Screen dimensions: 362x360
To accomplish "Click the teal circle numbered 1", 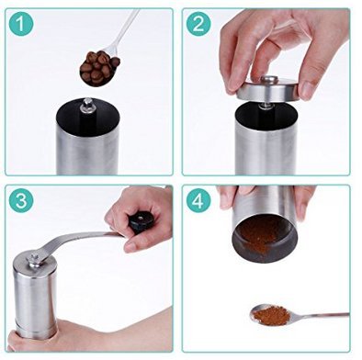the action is click(x=21, y=24).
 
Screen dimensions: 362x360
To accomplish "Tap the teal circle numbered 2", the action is click(x=198, y=24).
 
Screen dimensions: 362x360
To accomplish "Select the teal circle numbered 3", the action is click(x=21, y=200).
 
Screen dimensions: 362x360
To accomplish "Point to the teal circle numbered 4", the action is click(x=198, y=200).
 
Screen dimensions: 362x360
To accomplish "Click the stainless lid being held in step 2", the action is click(x=268, y=90).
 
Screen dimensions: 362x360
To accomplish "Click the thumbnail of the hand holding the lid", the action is click(x=306, y=90).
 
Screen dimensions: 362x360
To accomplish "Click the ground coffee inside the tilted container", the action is click(x=260, y=232).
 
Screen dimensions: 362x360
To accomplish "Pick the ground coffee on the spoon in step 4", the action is click(x=271, y=316).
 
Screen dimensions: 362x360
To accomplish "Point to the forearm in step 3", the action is click(x=122, y=329).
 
